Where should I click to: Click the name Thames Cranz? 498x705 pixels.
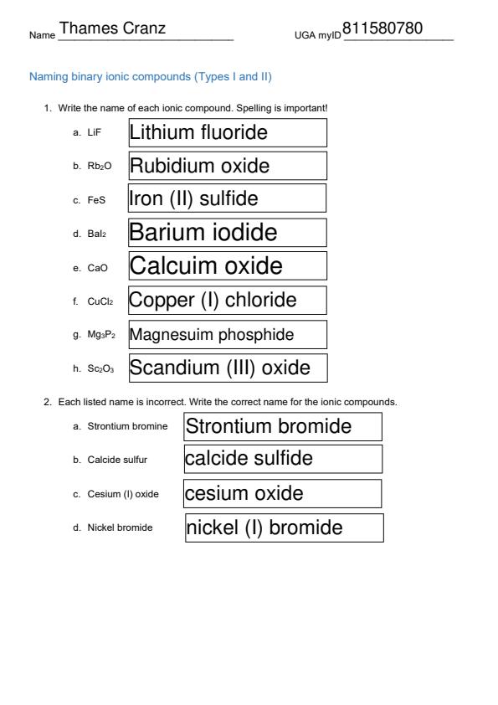113,29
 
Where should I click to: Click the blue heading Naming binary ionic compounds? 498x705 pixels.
151,77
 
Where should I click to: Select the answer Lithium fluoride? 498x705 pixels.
198,132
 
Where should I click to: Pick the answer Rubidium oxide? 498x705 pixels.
199,166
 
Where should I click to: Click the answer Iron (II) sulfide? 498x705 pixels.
193,198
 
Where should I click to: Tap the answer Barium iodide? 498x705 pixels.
203,232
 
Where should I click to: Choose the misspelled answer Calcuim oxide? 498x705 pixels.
206,266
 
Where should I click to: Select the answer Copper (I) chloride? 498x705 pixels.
213,300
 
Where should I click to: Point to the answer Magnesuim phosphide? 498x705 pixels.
212,335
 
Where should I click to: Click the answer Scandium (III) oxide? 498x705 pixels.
219,368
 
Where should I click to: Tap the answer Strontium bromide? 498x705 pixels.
269,426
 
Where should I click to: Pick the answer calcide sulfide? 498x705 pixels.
249,459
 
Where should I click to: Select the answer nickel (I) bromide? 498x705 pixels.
264,527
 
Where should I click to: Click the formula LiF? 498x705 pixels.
94,133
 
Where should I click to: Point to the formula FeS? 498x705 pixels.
96,200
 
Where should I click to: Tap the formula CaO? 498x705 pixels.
97,268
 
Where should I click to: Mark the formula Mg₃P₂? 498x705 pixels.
101,336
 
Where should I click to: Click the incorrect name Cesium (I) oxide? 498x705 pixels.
123,494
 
